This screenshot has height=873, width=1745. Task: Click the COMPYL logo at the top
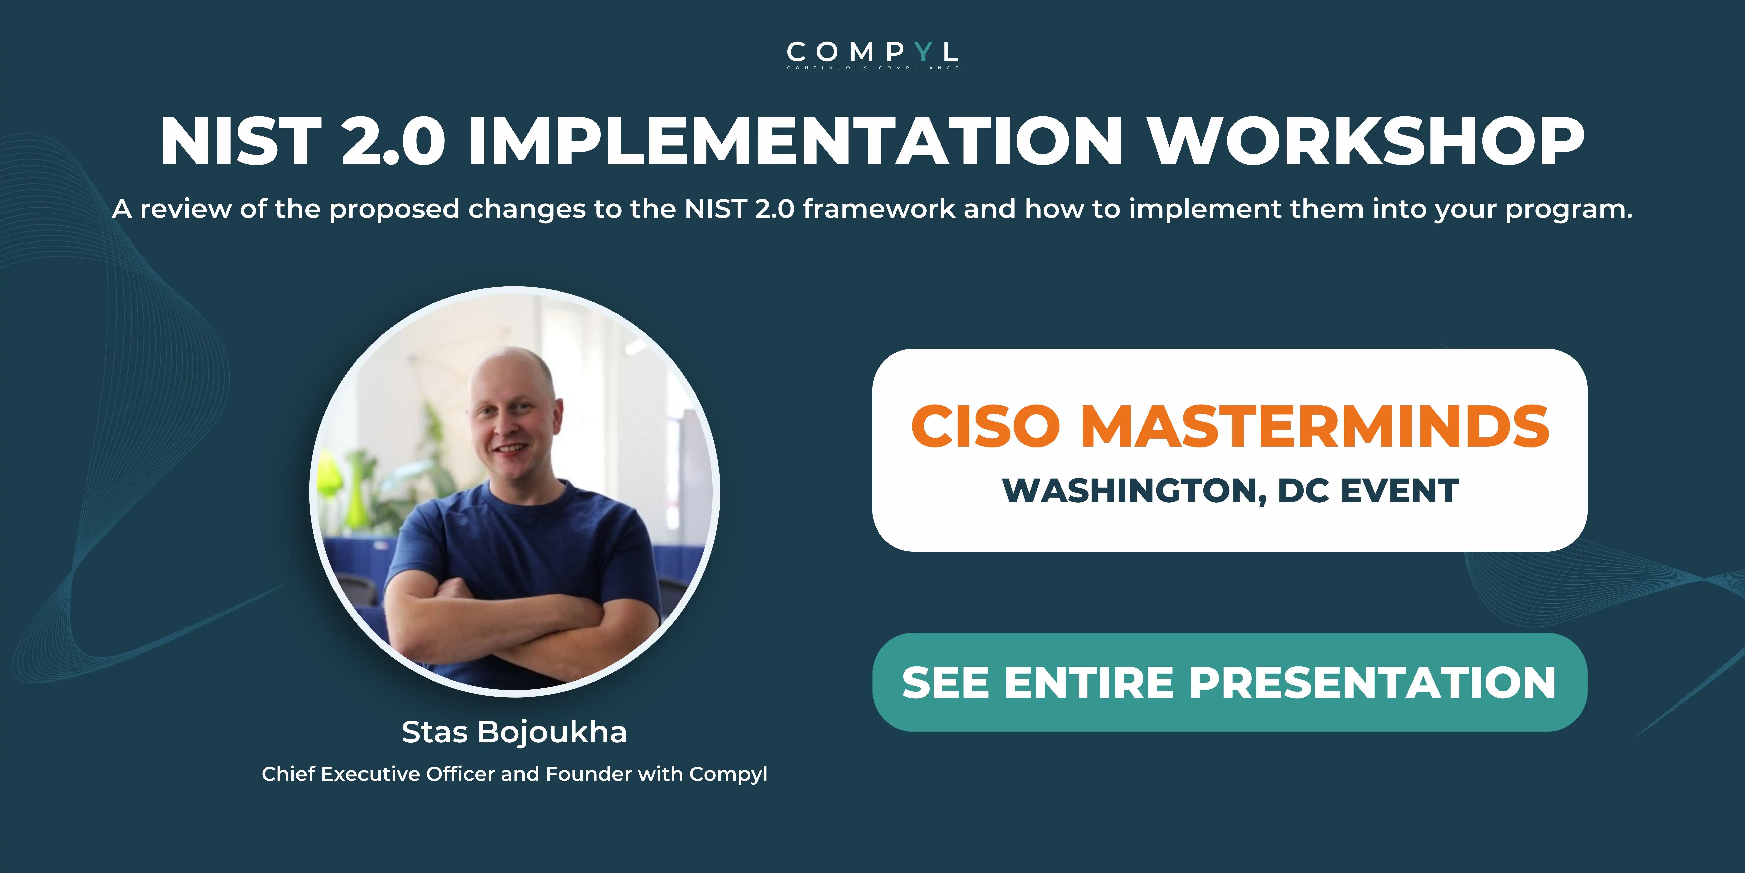click(x=872, y=54)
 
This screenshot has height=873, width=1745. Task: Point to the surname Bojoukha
click(x=552, y=732)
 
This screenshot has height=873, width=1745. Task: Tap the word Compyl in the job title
click(x=728, y=774)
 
